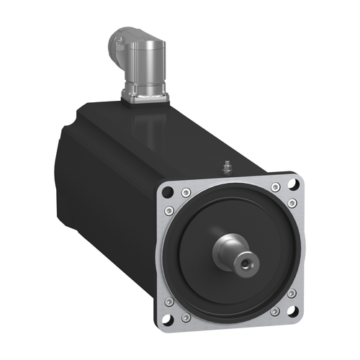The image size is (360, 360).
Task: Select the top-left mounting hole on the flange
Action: point(168,192)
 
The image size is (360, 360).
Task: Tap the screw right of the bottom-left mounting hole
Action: point(186,317)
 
